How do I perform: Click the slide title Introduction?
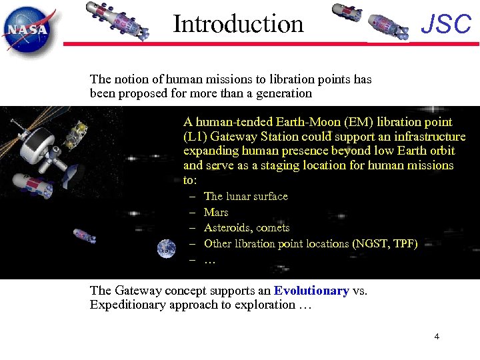pos(238,24)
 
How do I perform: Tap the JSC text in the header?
pos(446,25)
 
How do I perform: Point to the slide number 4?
pos(437,337)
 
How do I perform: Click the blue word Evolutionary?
pos(311,291)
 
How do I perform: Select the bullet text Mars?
pos(216,212)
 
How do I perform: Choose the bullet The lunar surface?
pos(245,196)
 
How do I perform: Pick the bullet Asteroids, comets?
pos(246,227)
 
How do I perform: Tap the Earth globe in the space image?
pos(167,249)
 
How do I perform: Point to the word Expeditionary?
pos(126,305)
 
